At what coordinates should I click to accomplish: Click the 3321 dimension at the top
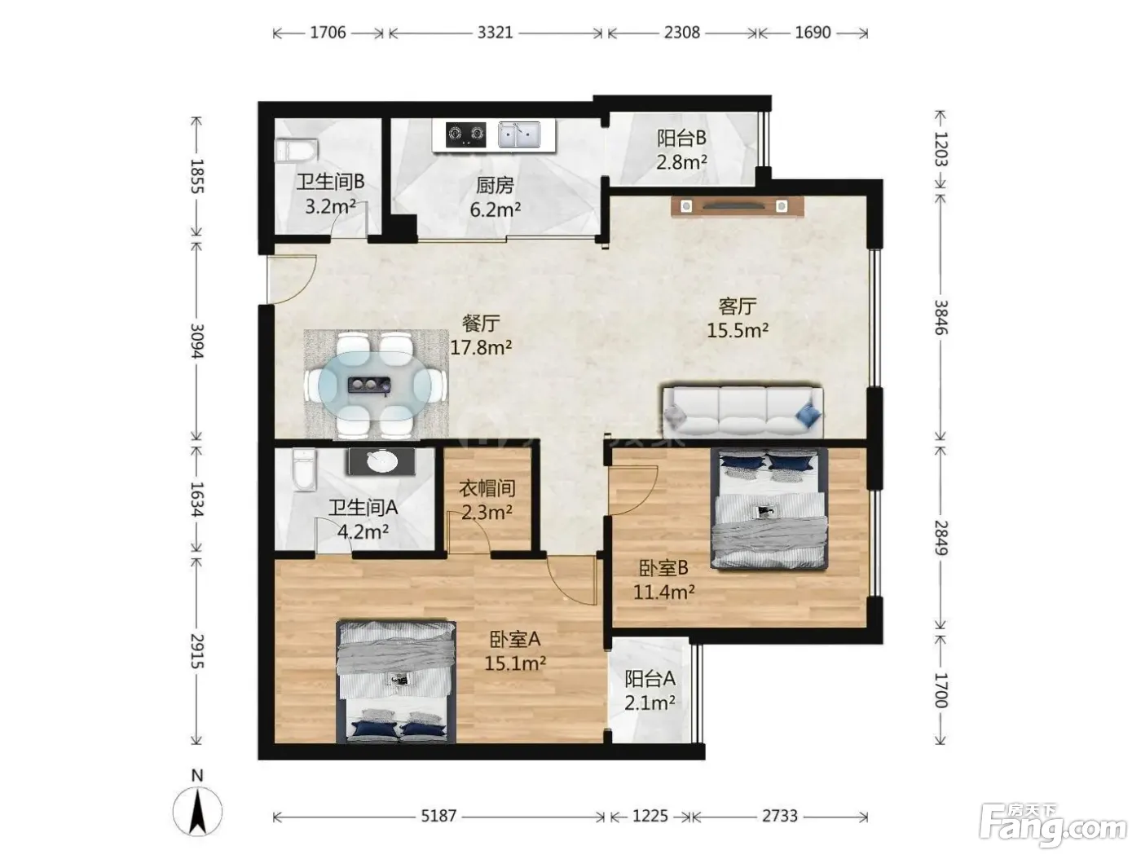click(x=495, y=33)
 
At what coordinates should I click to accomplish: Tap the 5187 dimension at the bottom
click(x=438, y=816)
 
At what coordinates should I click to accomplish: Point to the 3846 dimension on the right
click(x=941, y=317)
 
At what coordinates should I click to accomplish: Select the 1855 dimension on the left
click(x=197, y=176)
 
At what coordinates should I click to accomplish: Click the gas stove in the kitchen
click(x=465, y=134)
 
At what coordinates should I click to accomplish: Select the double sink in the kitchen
click(x=519, y=134)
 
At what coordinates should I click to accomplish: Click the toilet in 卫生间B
click(x=296, y=150)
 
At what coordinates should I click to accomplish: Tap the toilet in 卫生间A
click(x=304, y=469)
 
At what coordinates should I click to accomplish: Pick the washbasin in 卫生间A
click(x=382, y=461)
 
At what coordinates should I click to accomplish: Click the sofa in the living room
click(x=742, y=412)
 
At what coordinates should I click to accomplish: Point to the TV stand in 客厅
click(x=737, y=206)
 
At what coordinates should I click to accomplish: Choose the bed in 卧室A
click(x=396, y=681)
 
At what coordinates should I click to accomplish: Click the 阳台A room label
click(x=650, y=678)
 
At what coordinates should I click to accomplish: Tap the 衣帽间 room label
click(x=487, y=488)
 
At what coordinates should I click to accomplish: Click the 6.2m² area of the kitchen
click(x=496, y=209)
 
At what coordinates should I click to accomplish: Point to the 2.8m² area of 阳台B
click(x=681, y=162)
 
